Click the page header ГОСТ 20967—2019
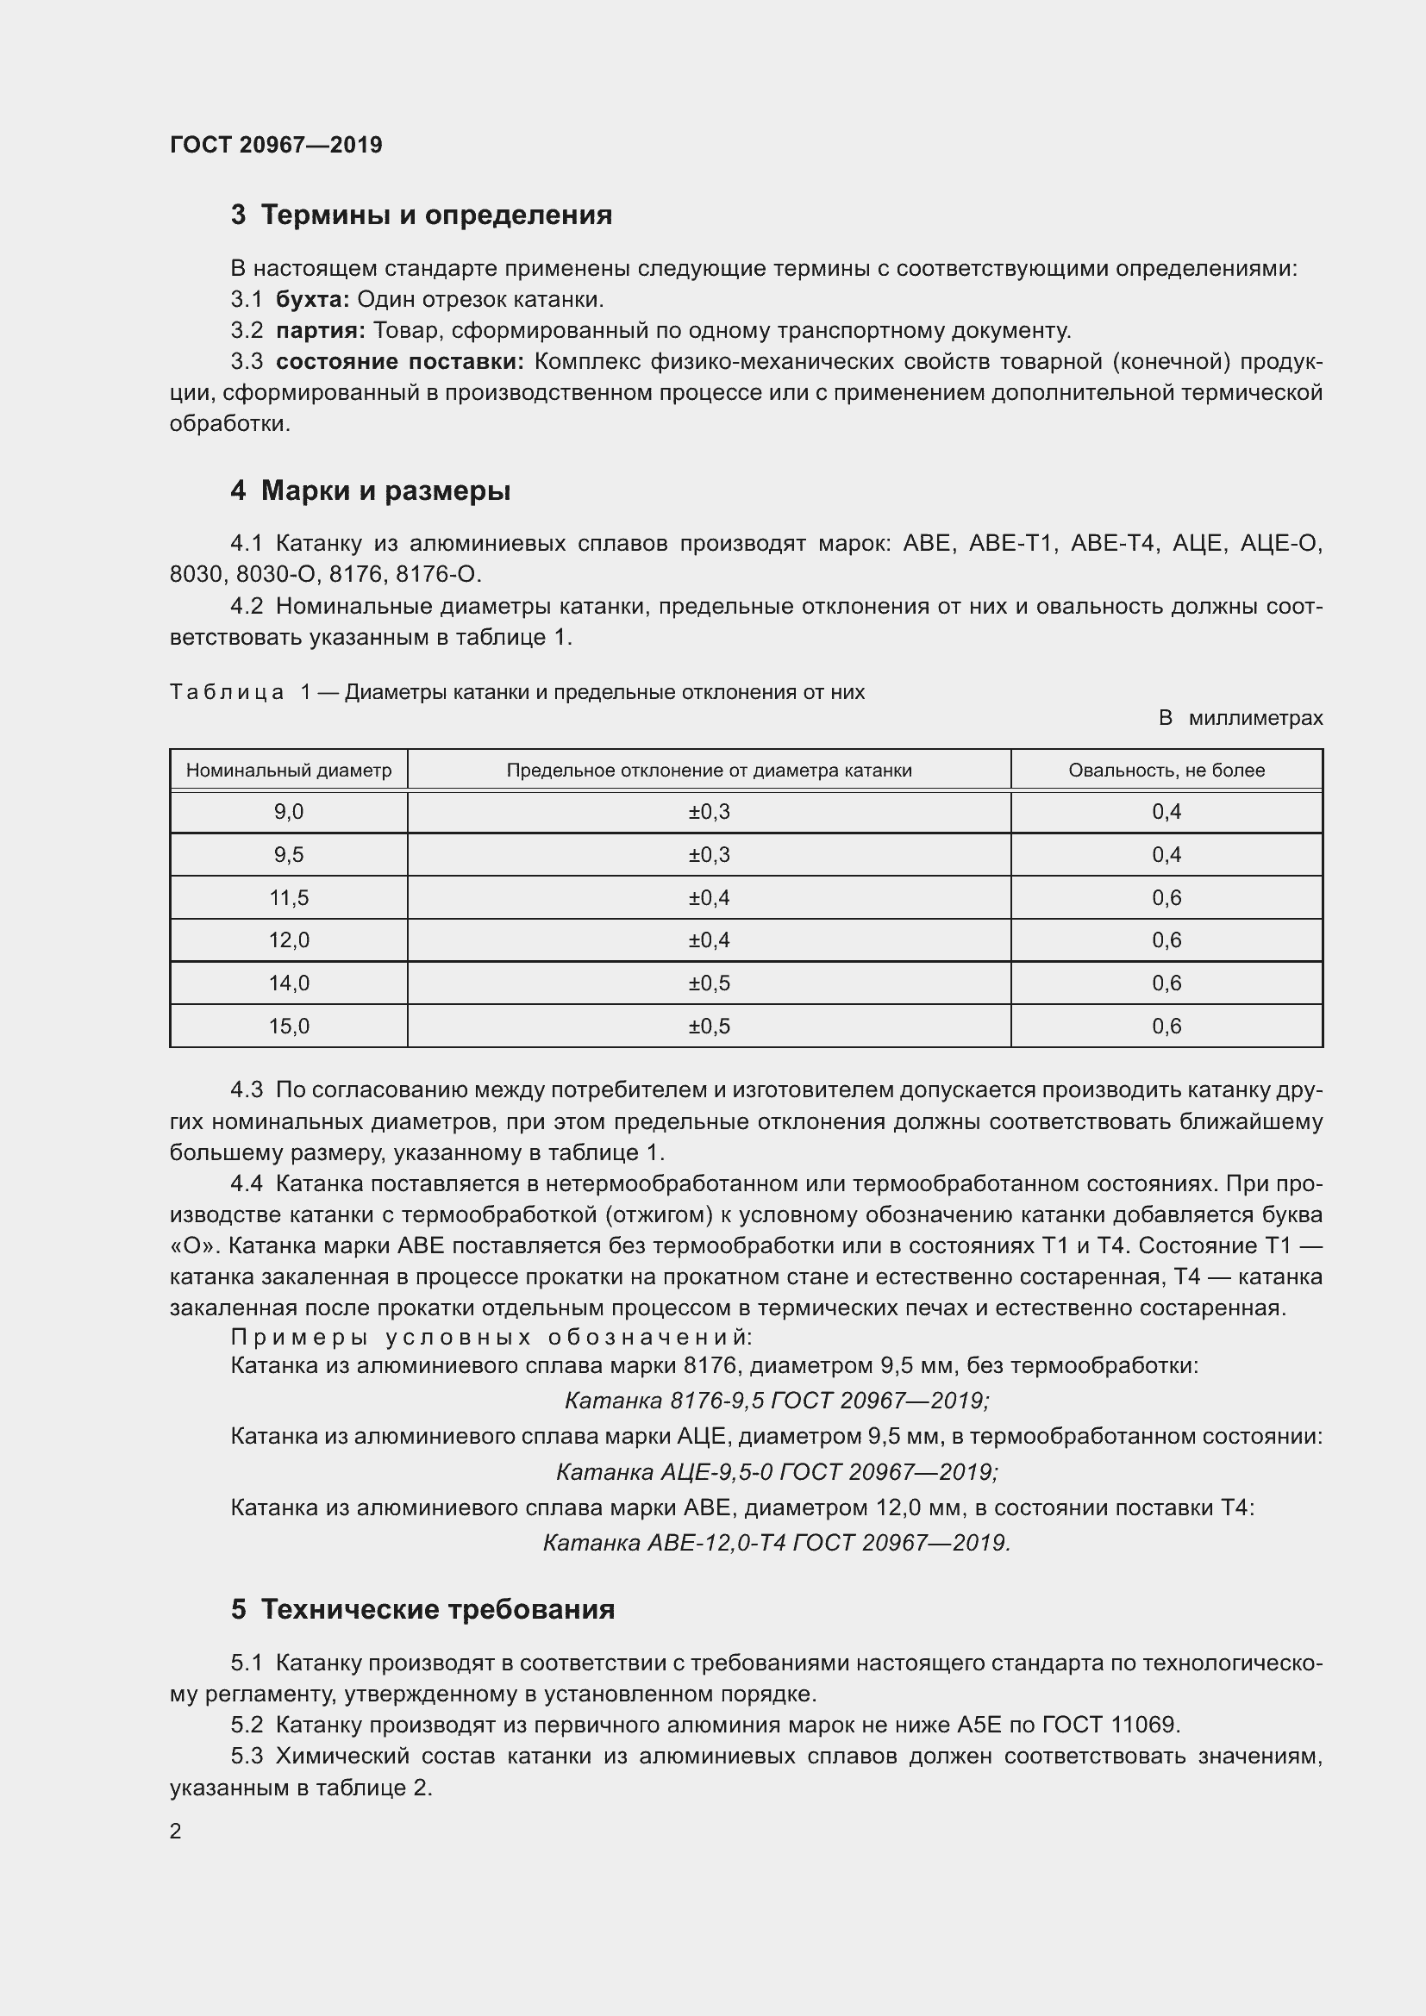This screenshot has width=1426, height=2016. click(x=276, y=145)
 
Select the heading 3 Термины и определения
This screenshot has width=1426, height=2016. click(x=422, y=215)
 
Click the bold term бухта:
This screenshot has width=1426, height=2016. click(x=313, y=299)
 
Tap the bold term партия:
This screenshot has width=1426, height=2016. click(x=321, y=331)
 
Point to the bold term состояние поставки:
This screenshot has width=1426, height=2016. click(x=399, y=362)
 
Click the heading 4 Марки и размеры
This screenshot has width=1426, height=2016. click(x=370, y=490)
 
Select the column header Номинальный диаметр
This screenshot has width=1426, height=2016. click(x=288, y=770)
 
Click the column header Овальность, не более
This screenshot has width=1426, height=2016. click(x=1166, y=770)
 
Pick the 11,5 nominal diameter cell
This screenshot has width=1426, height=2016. click(x=288, y=897)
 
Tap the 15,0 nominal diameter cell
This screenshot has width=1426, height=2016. click(x=288, y=1026)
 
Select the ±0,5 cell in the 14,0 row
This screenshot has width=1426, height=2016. click(x=709, y=983)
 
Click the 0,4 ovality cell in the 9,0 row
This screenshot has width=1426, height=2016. click(x=1166, y=811)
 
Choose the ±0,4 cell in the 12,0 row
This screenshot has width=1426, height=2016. click(x=709, y=939)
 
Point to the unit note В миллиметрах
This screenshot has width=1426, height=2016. click(x=1240, y=718)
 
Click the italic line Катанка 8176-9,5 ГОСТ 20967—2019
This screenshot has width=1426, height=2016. click(x=776, y=1401)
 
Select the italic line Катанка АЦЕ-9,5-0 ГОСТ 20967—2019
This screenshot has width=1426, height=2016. click(x=776, y=1471)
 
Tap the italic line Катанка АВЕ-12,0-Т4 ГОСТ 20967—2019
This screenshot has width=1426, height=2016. click(x=776, y=1543)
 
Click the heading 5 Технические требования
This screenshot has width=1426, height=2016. click(x=422, y=1609)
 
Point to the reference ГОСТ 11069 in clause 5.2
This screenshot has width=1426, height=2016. click(x=1110, y=1725)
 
